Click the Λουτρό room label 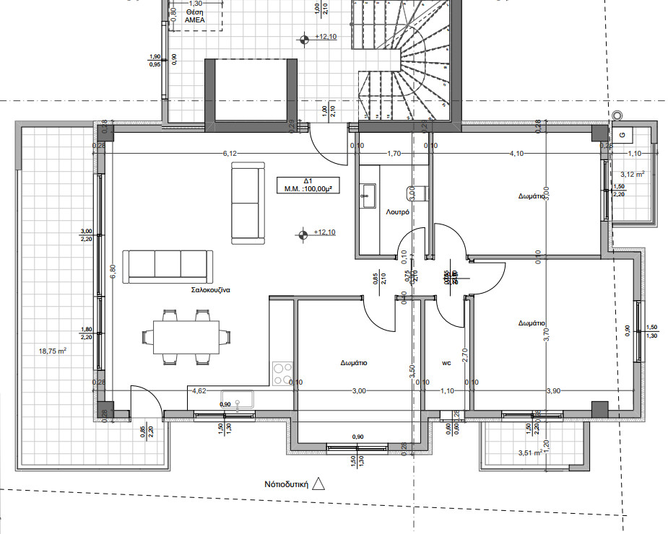[398, 212]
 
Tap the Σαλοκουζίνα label [210, 290]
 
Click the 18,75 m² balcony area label [52, 351]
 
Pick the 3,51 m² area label [530, 453]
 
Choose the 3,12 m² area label [633, 174]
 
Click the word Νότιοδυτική [287, 485]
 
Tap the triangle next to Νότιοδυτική [319, 484]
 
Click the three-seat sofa [167, 267]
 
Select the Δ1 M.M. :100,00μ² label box [307, 185]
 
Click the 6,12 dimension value [230, 153]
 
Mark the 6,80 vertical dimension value [111, 271]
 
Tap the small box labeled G [623, 133]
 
